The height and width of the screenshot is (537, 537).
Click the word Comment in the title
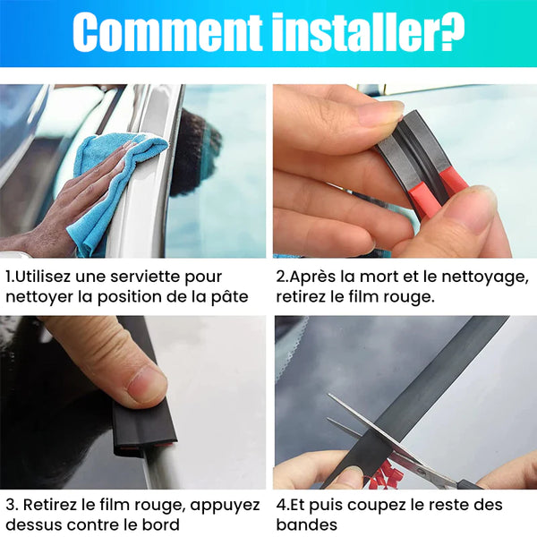coord(167,33)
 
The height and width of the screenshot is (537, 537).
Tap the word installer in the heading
coord(355,32)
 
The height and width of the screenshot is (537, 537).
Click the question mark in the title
coord(451,32)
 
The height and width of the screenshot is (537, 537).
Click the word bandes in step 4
coord(306,524)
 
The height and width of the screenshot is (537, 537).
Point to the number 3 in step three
coord(10,505)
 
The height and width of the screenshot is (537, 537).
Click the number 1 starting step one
coord(9,277)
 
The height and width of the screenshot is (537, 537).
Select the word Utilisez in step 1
coord(43,277)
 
